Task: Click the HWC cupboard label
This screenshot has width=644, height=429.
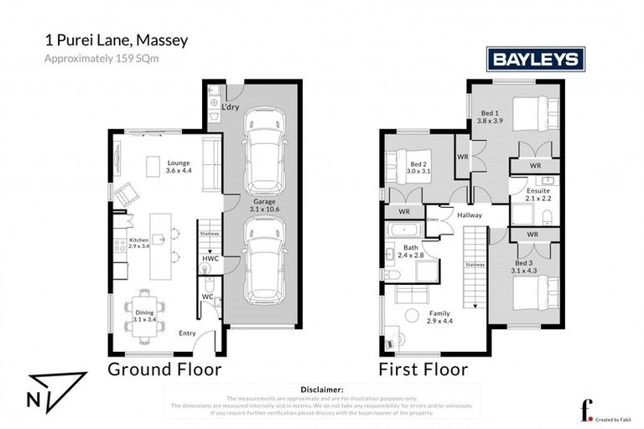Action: click(x=210, y=260)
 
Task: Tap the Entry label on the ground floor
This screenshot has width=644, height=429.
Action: click(x=187, y=333)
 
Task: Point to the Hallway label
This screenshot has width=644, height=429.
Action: click(x=470, y=215)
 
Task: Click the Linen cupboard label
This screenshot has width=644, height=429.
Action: click(x=433, y=220)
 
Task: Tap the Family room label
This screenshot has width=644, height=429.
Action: click(x=439, y=317)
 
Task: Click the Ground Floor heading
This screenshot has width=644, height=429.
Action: click(x=164, y=369)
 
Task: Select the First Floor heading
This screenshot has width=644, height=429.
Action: click(x=423, y=369)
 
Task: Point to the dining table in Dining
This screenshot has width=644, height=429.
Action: click(x=146, y=315)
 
